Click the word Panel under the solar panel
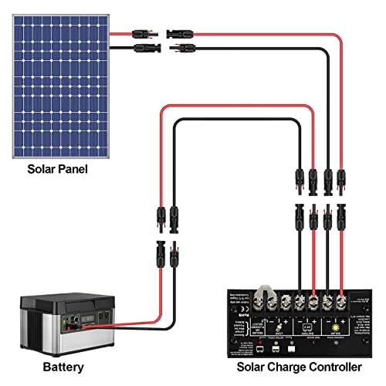point(69,168)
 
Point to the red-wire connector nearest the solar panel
point(144,34)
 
